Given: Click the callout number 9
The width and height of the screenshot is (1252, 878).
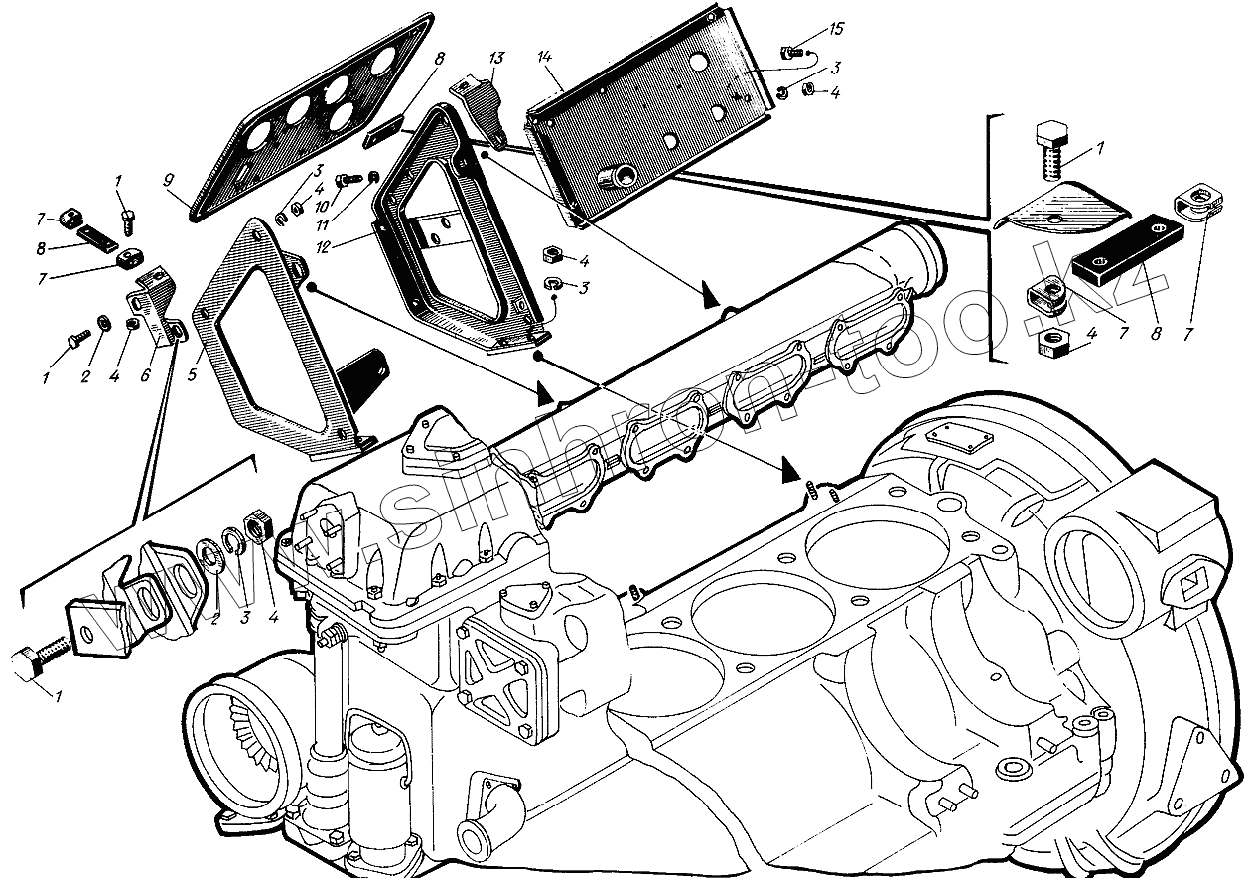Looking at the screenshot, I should tap(169, 182).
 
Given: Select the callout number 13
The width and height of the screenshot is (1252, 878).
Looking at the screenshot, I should tap(496, 59).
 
